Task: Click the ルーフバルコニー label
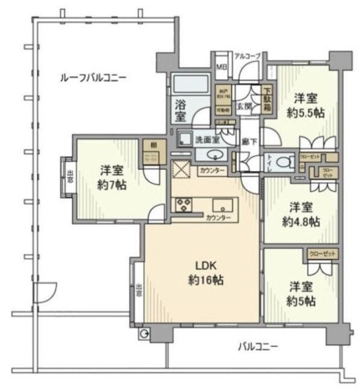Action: click(92, 77)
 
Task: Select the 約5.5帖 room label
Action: click(307, 105)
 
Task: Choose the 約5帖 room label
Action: click(301, 293)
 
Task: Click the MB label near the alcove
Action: click(220, 68)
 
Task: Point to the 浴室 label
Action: click(181, 109)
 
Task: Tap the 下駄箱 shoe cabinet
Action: click(266, 100)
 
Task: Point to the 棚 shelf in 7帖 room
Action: click(147, 146)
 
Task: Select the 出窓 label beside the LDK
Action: click(138, 290)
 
